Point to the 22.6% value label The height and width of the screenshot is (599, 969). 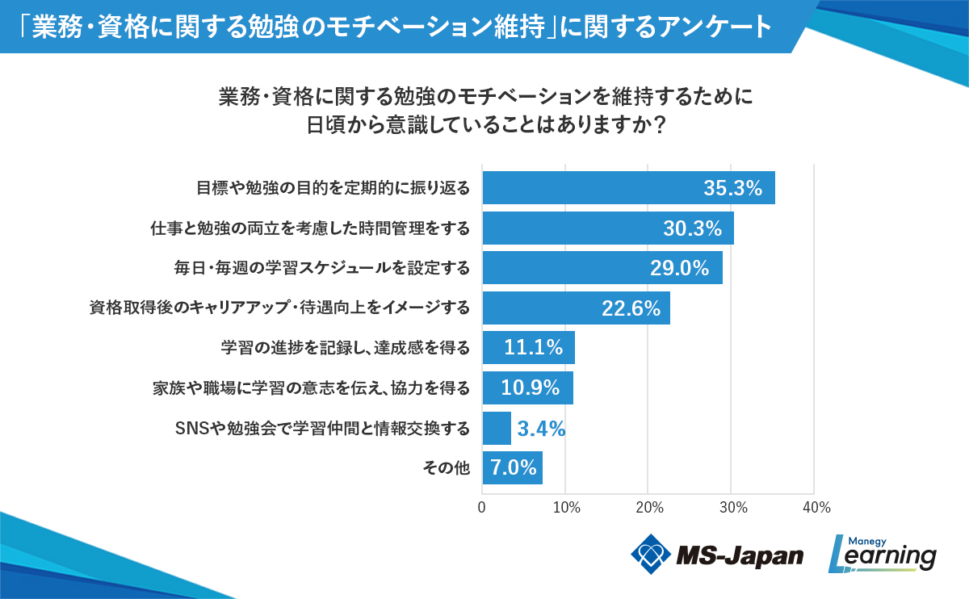point(631,308)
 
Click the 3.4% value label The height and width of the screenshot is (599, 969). point(541,428)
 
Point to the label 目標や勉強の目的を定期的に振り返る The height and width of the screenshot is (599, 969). point(333,188)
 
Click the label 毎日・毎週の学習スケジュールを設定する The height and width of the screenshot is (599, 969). point(322,268)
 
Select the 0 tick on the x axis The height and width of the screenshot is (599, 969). point(482,508)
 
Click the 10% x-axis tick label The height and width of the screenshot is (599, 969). point(566,508)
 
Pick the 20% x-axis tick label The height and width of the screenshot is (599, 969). point(649,508)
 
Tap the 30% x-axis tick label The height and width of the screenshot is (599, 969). point(732,508)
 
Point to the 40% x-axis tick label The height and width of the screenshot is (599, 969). point(816,508)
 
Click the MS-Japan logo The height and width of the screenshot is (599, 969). point(717,555)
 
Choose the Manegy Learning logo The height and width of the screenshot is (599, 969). point(883,554)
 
